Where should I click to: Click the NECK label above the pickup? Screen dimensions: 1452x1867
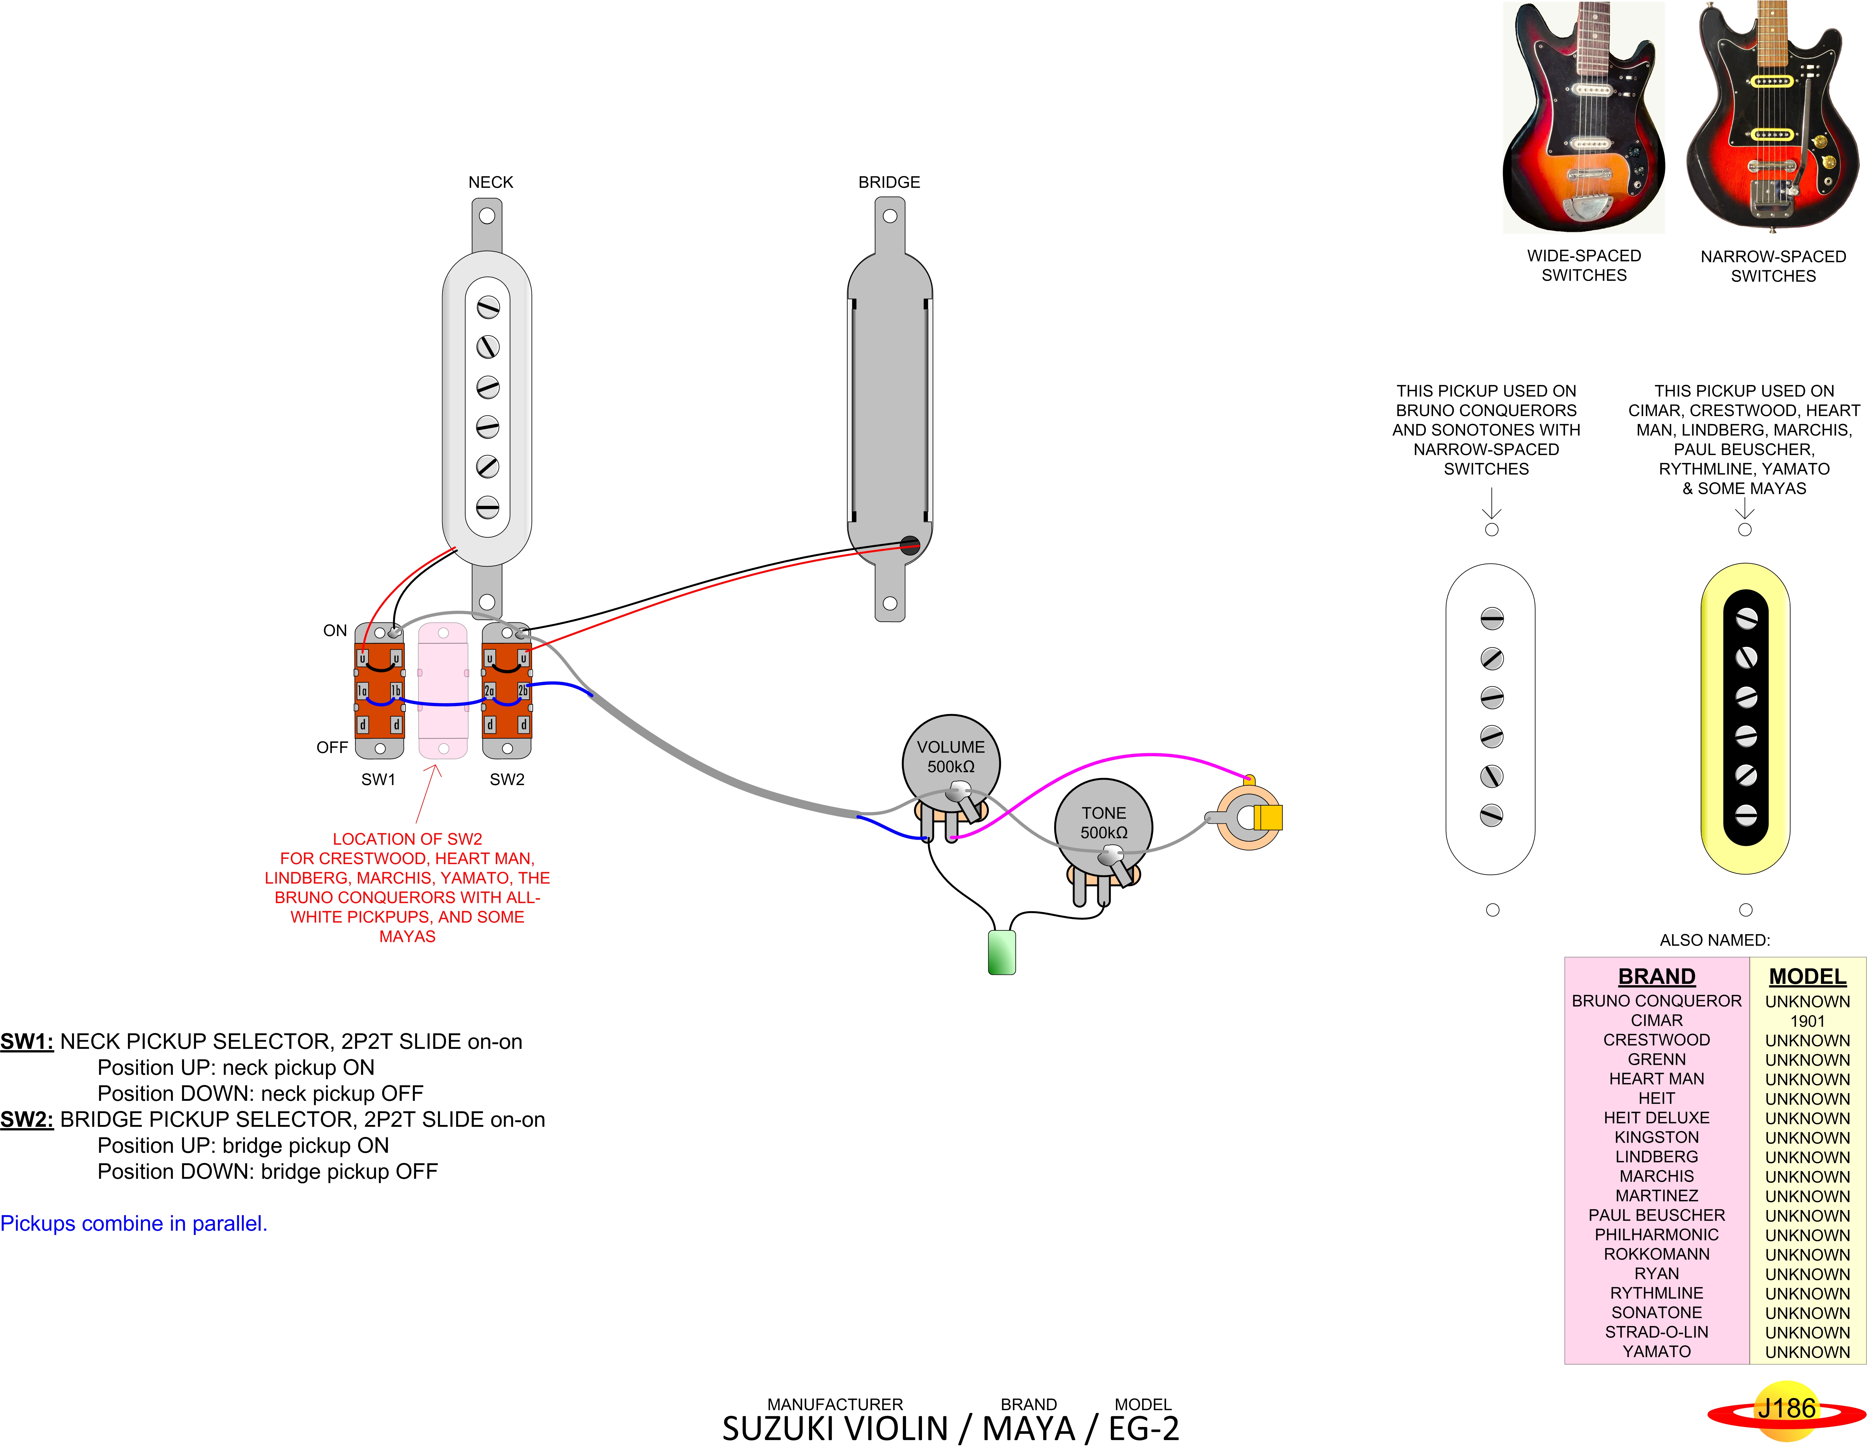point(491,182)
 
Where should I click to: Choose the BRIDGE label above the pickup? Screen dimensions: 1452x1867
point(889,182)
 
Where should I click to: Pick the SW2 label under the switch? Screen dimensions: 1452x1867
point(507,779)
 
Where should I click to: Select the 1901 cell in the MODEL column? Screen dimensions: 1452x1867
point(1807,1021)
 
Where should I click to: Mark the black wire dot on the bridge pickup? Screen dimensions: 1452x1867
point(910,545)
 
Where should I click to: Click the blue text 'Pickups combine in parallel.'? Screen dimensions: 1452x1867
point(134,1224)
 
